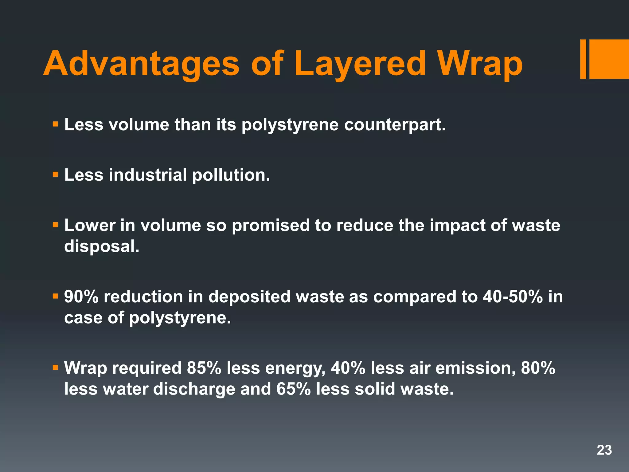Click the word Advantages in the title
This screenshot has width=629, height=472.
point(141,64)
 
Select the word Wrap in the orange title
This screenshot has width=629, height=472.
point(480,64)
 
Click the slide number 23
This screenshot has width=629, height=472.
point(604,450)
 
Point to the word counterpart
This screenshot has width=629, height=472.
point(395,125)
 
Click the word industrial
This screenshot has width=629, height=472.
point(147,175)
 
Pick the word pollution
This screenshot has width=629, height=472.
point(231,175)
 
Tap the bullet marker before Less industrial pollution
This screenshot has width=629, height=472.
point(55,175)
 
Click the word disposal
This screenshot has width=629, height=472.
point(102,246)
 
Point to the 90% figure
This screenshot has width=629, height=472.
point(81,297)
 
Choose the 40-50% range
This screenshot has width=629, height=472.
point(513,297)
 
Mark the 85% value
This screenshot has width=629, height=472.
point(204,368)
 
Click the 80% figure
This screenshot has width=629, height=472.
point(538,368)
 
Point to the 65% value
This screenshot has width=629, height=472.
point(293,389)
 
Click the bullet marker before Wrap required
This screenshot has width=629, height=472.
point(55,368)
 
